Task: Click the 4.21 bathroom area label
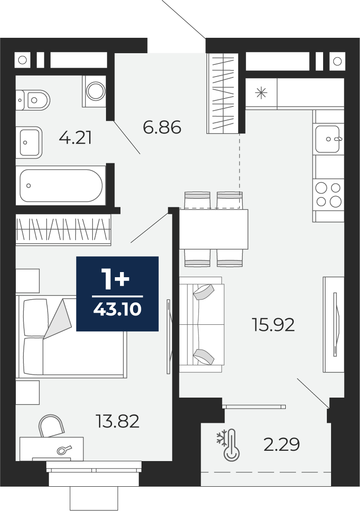(x=75, y=138)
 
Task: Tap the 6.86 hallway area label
(x=162, y=127)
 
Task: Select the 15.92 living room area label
(x=274, y=325)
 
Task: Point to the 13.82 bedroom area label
(x=118, y=421)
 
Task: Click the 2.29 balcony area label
(x=282, y=444)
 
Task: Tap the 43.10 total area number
(x=117, y=309)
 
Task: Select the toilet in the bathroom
(x=33, y=100)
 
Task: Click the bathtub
(x=61, y=185)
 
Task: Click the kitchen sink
(x=328, y=139)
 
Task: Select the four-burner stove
(x=328, y=195)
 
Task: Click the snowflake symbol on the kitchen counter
(x=261, y=93)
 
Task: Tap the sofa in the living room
(x=202, y=324)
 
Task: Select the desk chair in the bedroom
(x=51, y=426)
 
